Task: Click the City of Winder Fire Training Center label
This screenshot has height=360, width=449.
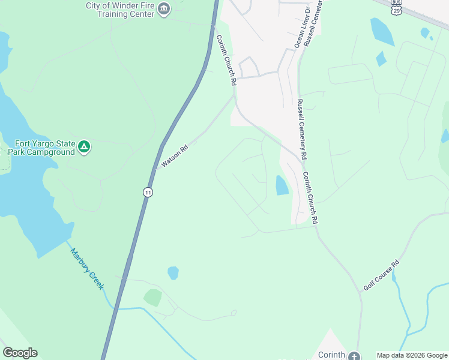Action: [x=120, y=10]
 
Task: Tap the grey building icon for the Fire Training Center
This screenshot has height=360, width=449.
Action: [x=164, y=9]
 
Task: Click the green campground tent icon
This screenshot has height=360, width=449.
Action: [x=85, y=146]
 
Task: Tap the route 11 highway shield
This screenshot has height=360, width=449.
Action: [x=148, y=192]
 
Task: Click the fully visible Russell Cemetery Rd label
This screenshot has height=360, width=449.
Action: [x=302, y=129]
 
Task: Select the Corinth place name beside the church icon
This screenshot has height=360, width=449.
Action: [x=331, y=355]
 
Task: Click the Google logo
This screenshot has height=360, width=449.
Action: [x=20, y=353]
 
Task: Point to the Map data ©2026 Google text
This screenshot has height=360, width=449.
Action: [x=412, y=355]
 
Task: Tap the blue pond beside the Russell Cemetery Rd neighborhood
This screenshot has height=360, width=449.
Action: [x=281, y=185]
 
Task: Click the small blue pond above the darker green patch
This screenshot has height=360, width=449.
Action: [x=173, y=273]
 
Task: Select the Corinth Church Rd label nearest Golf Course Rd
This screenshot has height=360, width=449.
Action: [x=310, y=199]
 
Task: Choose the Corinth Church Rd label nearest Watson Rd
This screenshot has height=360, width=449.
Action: [x=226, y=60]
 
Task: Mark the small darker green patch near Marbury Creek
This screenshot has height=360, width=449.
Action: [x=152, y=298]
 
